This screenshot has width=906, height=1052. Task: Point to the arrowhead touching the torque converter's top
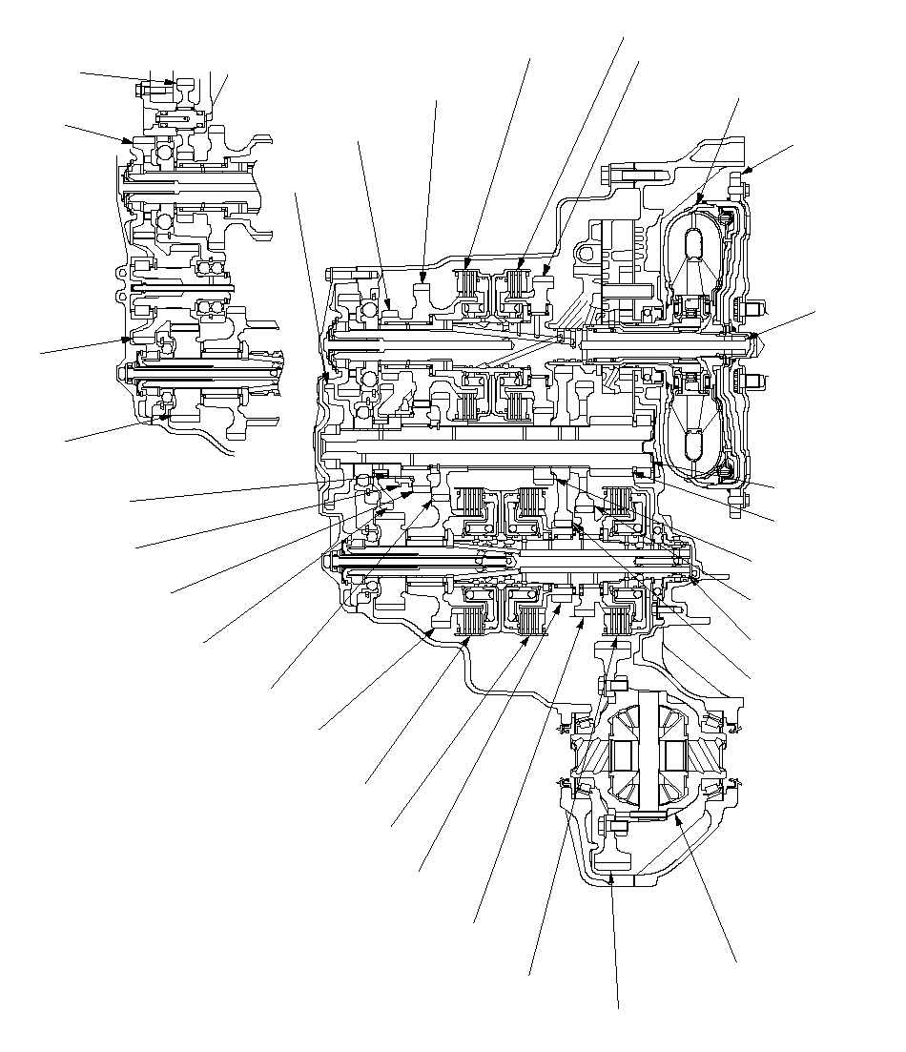point(700,201)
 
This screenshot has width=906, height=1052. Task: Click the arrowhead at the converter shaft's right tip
point(753,336)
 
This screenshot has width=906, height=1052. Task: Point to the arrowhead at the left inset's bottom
point(166,417)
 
